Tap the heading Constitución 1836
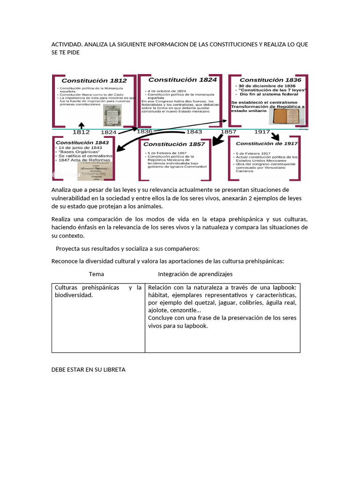(x=270, y=80)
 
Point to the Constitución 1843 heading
(x=82, y=142)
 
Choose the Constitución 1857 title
(x=175, y=144)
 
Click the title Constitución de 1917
(x=267, y=143)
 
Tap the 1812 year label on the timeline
(x=81, y=132)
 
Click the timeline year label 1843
(x=194, y=132)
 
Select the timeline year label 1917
(x=262, y=132)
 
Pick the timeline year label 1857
(x=228, y=132)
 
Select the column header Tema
(x=97, y=274)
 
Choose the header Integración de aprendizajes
(x=195, y=274)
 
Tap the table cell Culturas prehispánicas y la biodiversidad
(x=98, y=292)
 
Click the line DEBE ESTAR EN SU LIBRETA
(x=88, y=369)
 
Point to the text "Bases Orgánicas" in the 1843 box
(x=78, y=152)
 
